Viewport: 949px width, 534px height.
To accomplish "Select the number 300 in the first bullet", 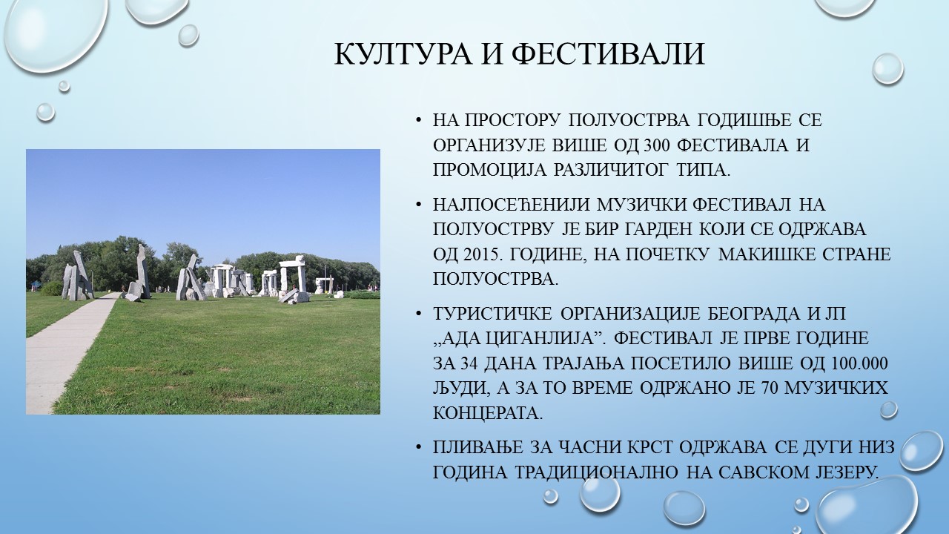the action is point(657,145).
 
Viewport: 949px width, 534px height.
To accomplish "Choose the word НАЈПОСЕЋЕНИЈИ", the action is point(512,204).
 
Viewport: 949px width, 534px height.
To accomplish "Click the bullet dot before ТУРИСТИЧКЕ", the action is point(419,314).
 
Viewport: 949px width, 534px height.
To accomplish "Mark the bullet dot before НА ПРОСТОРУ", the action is point(419,121).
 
